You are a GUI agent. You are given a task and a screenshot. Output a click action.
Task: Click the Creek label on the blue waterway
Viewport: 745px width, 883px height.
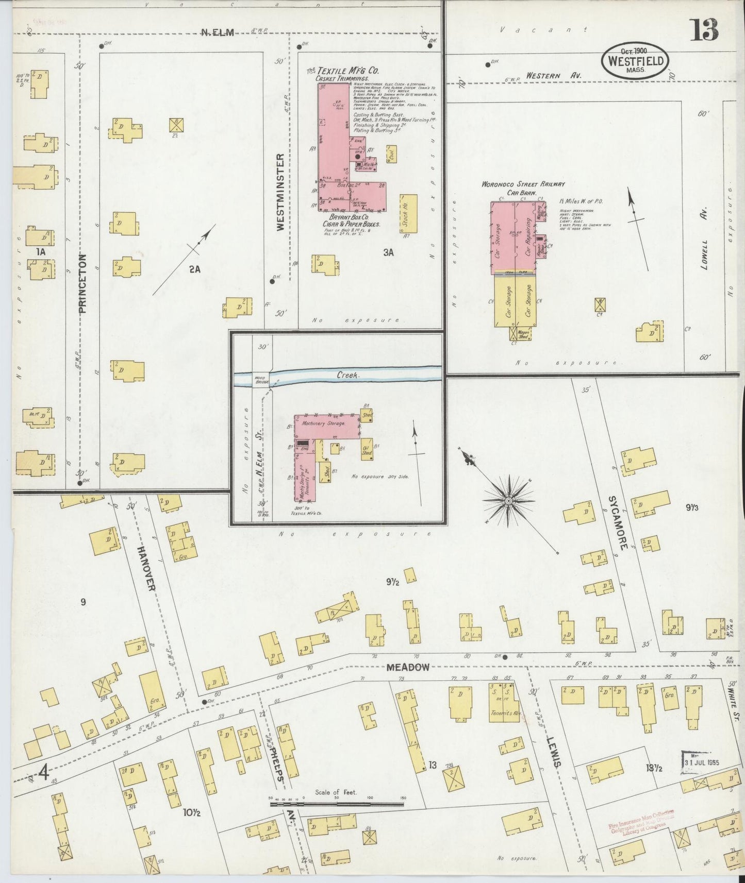point(347,375)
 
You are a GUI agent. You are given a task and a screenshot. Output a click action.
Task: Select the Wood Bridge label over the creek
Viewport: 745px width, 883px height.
point(259,380)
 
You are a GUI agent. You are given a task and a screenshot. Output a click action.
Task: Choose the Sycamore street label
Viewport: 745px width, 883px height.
point(618,523)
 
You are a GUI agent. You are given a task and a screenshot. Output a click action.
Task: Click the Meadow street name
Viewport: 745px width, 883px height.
point(408,667)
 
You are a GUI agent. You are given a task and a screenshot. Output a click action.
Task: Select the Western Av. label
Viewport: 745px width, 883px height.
point(553,76)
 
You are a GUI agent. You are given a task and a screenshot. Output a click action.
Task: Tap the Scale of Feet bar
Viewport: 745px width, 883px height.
point(337,803)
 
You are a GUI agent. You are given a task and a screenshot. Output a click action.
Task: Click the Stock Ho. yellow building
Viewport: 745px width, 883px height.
point(405,214)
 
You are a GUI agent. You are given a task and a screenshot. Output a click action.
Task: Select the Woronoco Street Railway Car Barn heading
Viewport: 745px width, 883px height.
point(523,187)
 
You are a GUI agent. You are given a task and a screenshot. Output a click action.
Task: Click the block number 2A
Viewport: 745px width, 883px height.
point(194,268)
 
